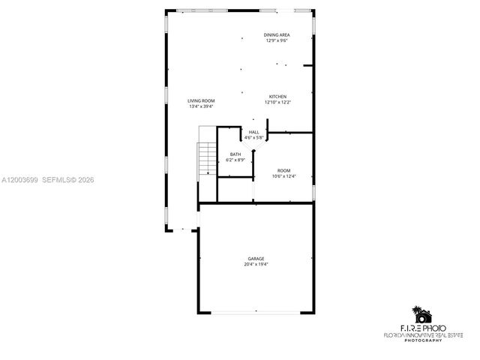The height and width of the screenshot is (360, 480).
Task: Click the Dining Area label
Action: tap(277, 35)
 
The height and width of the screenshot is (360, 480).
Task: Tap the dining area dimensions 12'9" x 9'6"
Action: tap(277, 40)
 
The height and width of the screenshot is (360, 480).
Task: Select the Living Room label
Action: tap(201, 100)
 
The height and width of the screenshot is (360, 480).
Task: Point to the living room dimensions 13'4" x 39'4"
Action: tap(201, 106)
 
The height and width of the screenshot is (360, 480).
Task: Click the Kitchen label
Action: tap(277, 96)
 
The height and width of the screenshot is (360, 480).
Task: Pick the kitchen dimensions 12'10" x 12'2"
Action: tap(277, 102)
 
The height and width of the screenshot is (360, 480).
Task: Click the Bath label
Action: tap(235, 154)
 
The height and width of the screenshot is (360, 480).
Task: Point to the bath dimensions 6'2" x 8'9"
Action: tap(235, 160)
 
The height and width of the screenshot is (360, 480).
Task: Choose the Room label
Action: tap(284, 170)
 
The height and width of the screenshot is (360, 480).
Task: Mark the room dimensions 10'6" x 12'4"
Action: tap(284, 176)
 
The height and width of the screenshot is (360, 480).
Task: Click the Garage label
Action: tap(256, 259)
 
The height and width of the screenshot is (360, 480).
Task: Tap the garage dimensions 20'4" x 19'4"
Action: tap(256, 265)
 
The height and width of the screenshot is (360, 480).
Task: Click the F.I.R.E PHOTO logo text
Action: tap(423, 328)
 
